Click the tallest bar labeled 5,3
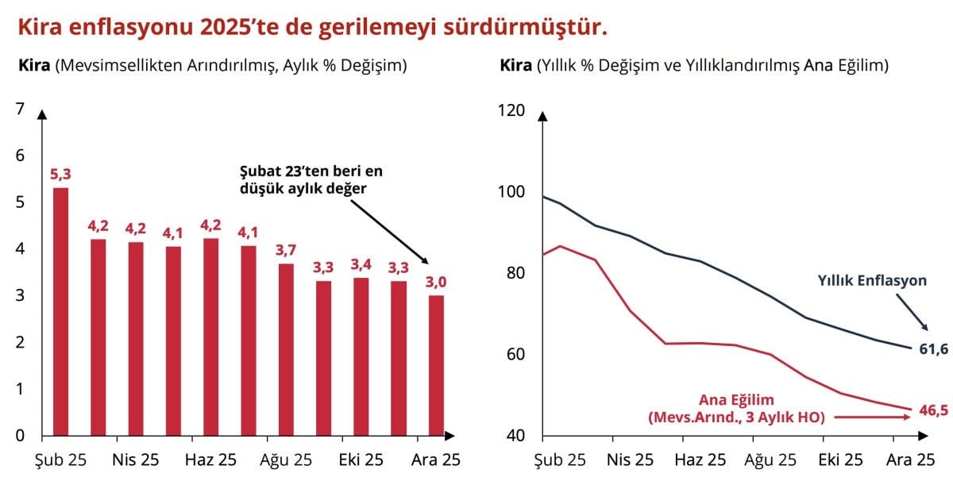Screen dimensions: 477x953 click(x=60, y=311)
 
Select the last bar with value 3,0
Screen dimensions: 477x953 click(x=436, y=365)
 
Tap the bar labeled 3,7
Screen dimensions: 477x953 click(x=286, y=349)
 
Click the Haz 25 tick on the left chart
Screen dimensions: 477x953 click(x=210, y=460)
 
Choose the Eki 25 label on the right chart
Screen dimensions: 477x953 click(x=840, y=460)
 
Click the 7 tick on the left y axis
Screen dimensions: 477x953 click(x=20, y=109)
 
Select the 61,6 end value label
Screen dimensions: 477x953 click(x=932, y=348)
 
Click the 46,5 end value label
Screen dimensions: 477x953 click(x=932, y=410)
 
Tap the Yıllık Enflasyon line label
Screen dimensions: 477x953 click(x=873, y=280)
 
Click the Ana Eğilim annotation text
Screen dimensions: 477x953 click(x=736, y=400)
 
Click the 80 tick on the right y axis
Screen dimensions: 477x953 click(x=516, y=272)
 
